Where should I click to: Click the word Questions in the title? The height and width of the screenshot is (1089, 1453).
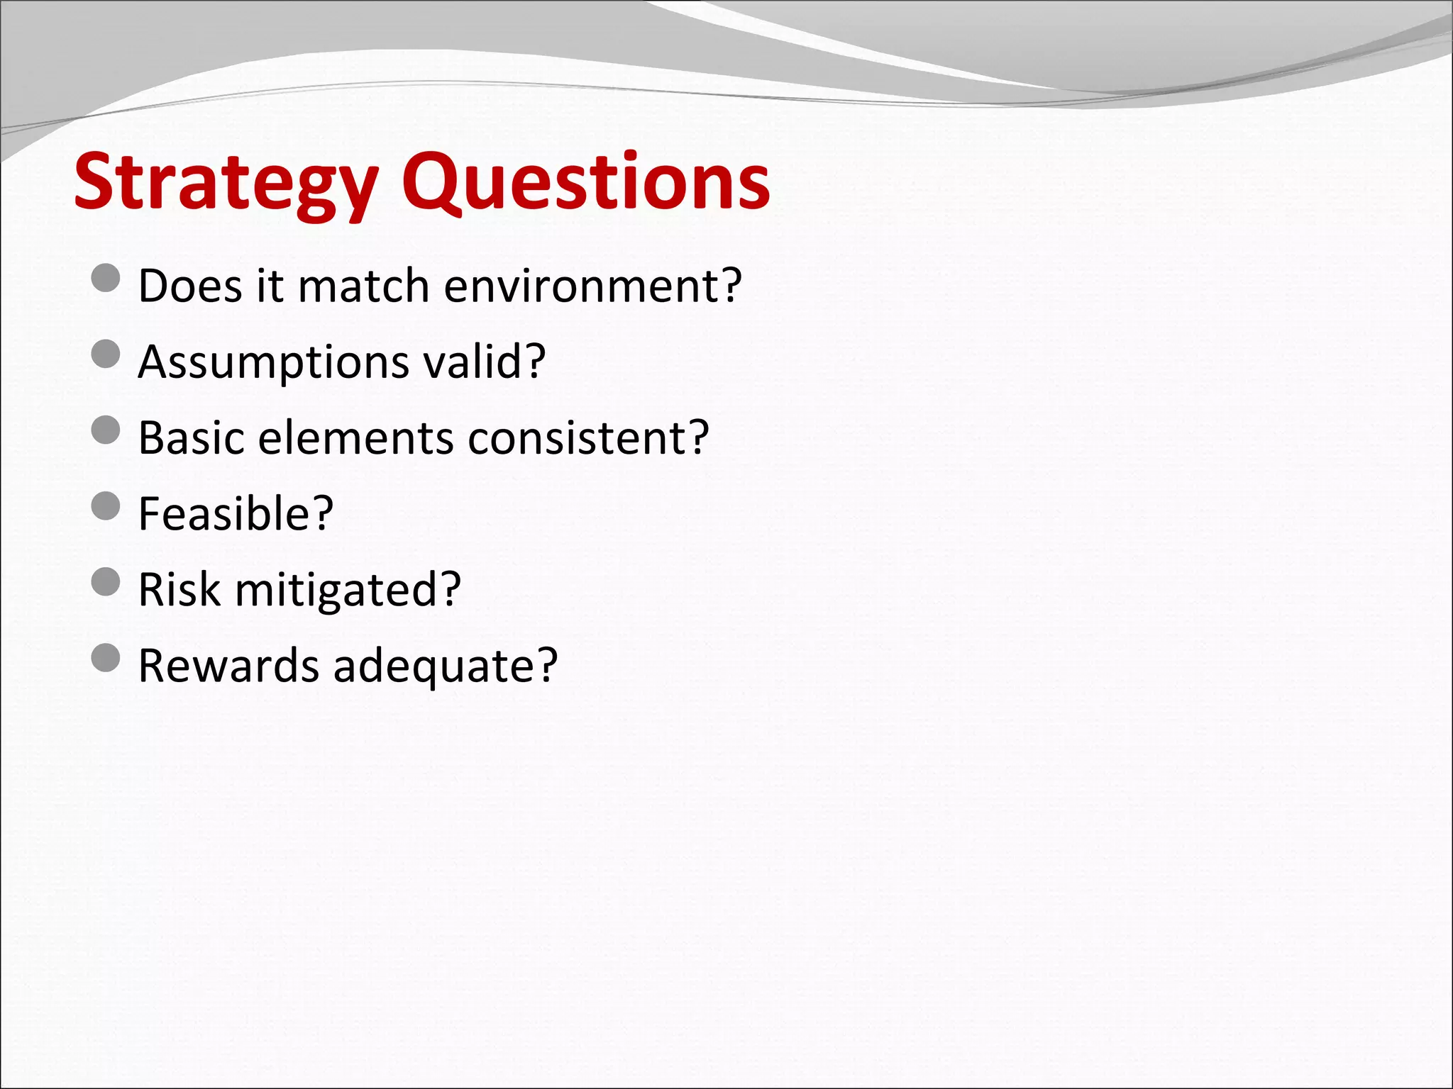[585, 182]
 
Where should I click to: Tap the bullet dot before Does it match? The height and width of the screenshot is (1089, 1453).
[106, 278]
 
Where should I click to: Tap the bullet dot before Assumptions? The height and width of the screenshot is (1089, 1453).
[106, 354]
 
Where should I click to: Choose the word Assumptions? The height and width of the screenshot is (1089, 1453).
[274, 363]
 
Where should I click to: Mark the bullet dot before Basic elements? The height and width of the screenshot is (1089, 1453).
[106, 430]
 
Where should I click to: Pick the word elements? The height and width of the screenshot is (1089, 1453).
[355, 437]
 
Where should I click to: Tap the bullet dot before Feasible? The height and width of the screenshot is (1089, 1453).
[106, 506]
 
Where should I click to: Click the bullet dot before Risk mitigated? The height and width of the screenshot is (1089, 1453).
[106, 582]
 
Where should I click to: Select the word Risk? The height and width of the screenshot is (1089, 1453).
[179, 589]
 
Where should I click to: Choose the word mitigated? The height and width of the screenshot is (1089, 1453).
[348, 591]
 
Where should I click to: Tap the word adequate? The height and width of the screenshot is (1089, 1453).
[446, 667]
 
